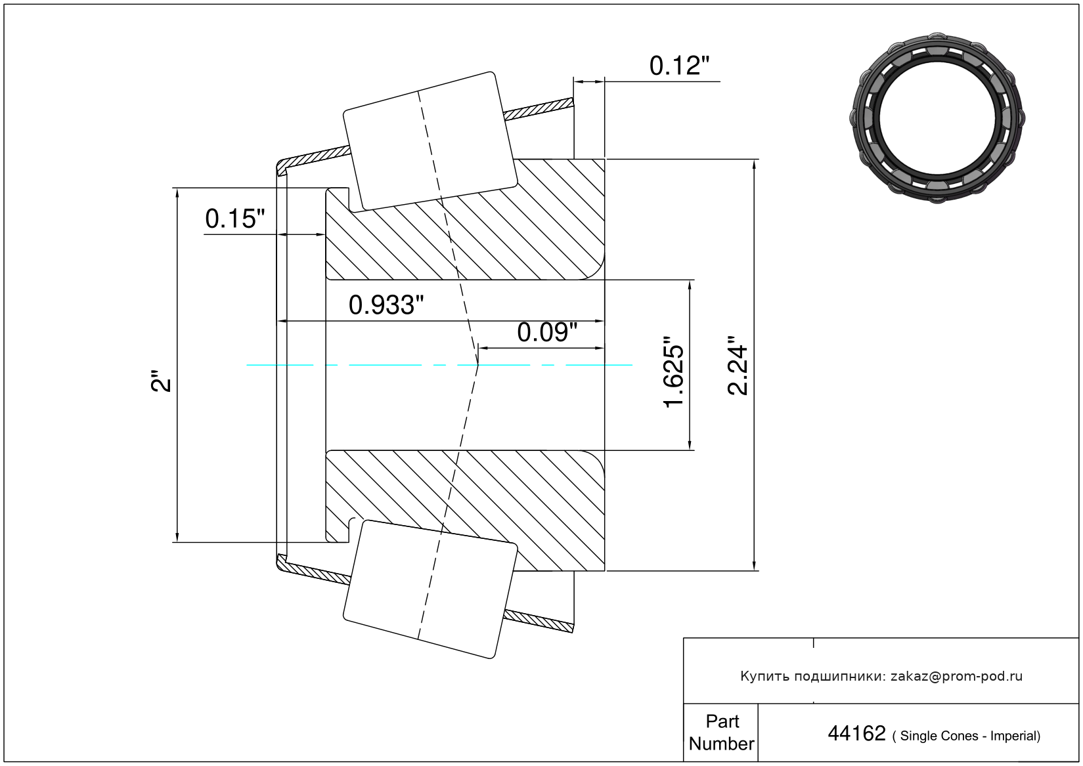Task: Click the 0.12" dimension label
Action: tap(679, 66)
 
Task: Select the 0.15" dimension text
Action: tap(235, 219)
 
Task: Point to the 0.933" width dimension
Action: tap(386, 305)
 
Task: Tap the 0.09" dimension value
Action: tap(547, 333)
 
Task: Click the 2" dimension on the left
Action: tap(162, 381)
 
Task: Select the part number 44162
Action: tap(856, 733)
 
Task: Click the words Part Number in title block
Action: tap(722, 732)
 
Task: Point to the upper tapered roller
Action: tap(430, 141)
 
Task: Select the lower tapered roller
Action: tap(430, 589)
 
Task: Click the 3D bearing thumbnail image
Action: tap(937, 118)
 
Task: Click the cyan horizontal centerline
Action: tap(439, 365)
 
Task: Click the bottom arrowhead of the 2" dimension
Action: tap(177, 537)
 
